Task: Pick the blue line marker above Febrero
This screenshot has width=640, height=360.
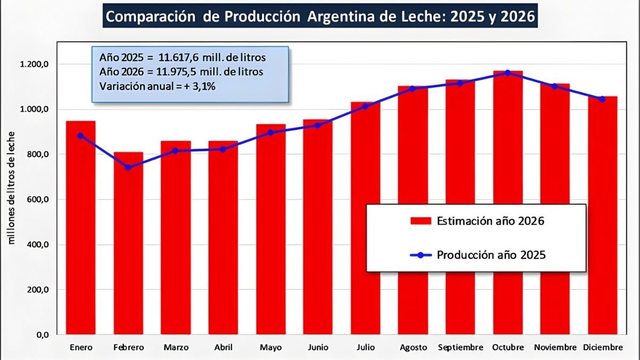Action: [x=128, y=167]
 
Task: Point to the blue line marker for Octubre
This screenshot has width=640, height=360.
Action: [x=508, y=73]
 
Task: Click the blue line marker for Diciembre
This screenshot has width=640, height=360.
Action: [x=602, y=99]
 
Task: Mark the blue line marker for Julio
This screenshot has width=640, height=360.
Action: [x=365, y=106]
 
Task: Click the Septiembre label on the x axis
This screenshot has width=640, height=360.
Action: [x=460, y=347]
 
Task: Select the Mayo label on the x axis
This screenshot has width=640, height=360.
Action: [x=271, y=347]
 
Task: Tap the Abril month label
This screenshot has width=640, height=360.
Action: [x=223, y=347]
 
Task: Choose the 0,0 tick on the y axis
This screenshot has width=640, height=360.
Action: [x=42, y=335]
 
